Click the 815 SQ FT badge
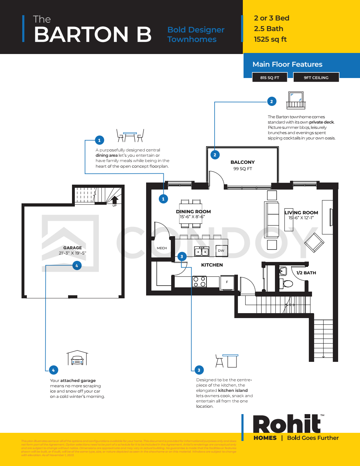(x=270, y=78)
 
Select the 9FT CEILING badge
(x=316, y=78)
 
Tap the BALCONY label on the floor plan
(x=242, y=162)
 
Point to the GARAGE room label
(x=72, y=248)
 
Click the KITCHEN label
(x=212, y=265)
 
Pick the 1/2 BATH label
(x=306, y=273)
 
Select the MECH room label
(x=162, y=248)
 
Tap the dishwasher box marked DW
(x=221, y=251)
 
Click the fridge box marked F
(x=227, y=282)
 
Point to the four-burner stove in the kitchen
(x=199, y=282)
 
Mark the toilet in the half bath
(x=287, y=283)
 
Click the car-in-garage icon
(x=77, y=358)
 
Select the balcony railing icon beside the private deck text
(x=296, y=100)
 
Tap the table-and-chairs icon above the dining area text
(x=130, y=135)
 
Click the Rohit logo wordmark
(x=287, y=424)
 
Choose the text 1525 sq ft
(x=270, y=40)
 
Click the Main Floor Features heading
(x=287, y=64)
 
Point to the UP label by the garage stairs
(x=114, y=205)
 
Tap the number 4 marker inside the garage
(x=77, y=265)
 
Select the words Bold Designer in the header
(x=196, y=30)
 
